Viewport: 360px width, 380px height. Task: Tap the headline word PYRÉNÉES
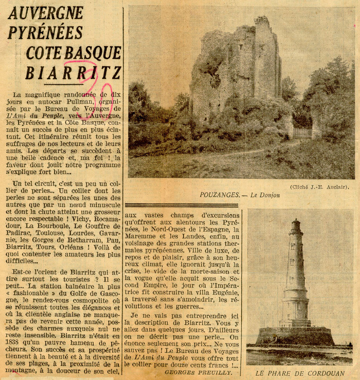pyautogui.click(x=46, y=32)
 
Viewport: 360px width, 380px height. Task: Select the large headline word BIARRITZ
pyautogui.click(x=73, y=73)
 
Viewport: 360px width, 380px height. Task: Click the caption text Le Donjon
pyautogui.click(x=265, y=195)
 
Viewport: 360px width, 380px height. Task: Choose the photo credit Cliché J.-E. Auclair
pyautogui.click(x=320, y=187)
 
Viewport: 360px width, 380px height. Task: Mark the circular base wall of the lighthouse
pyautogui.click(x=295, y=336)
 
